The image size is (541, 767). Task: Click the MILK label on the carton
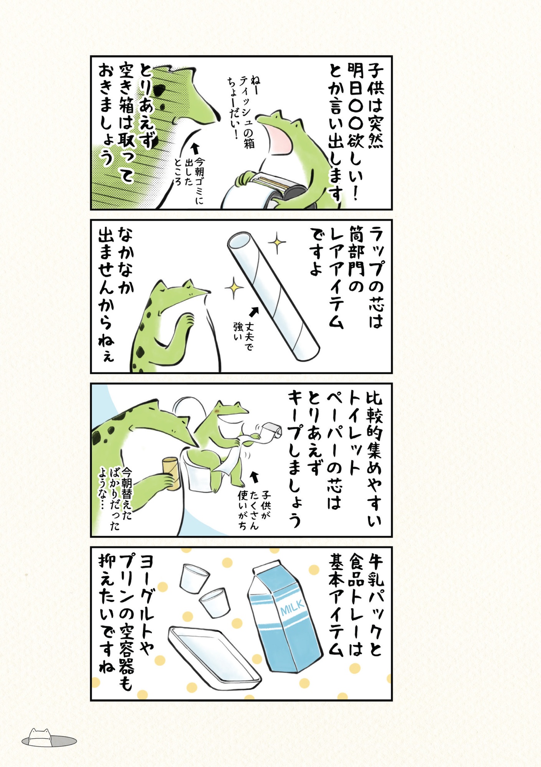tap(293, 607)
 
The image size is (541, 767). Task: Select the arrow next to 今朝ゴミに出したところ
tap(195, 148)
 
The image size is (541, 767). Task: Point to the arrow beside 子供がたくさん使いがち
tap(254, 477)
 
